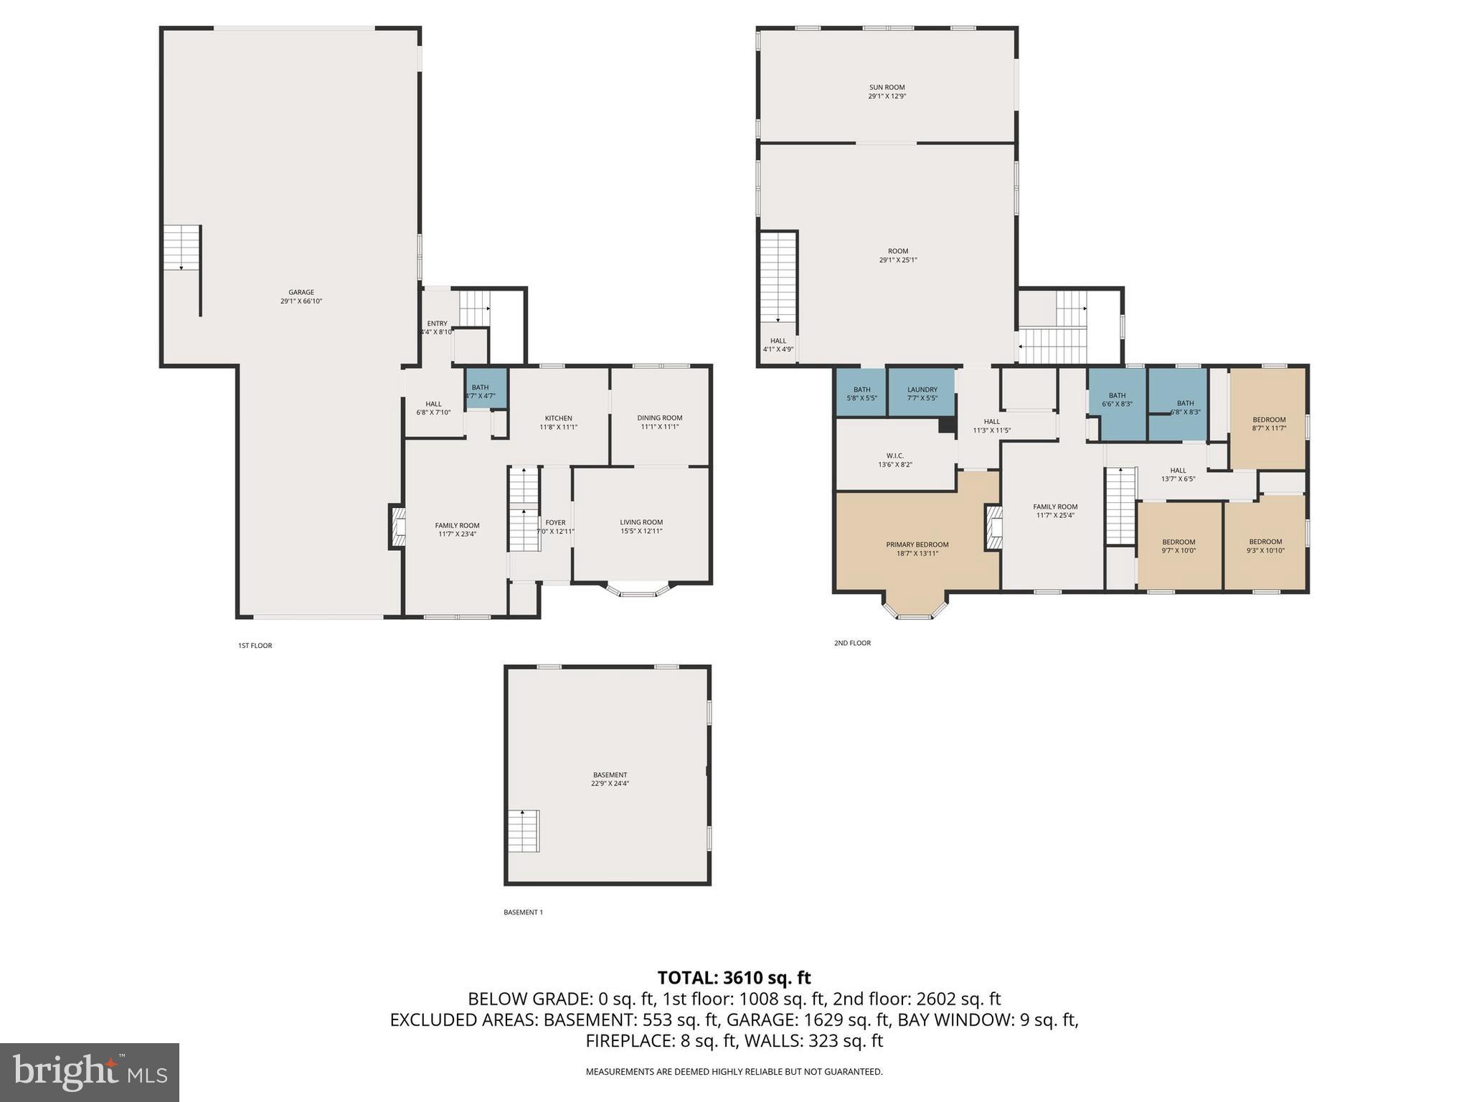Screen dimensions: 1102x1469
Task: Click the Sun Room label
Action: (x=887, y=91)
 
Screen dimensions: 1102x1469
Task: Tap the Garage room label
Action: (x=301, y=296)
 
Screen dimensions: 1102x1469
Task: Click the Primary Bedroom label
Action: (x=917, y=548)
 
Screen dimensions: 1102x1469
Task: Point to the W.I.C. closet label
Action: (x=894, y=460)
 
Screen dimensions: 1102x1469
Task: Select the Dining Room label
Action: (x=659, y=422)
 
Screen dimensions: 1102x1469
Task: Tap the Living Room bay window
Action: (x=638, y=590)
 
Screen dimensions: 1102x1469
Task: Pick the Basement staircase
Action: (x=524, y=831)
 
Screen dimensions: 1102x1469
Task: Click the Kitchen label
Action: (x=558, y=422)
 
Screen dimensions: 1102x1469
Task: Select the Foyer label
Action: (x=555, y=527)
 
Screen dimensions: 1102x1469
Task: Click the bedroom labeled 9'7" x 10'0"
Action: (x=1178, y=546)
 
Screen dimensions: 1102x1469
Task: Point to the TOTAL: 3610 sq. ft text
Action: (x=734, y=977)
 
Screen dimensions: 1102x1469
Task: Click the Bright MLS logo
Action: (x=90, y=1072)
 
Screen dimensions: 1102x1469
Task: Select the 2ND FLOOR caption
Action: (x=852, y=643)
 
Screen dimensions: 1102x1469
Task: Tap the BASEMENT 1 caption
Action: (x=523, y=913)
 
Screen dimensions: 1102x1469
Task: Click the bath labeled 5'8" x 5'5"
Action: (x=861, y=393)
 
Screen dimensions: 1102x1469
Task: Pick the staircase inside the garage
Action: (x=181, y=248)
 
